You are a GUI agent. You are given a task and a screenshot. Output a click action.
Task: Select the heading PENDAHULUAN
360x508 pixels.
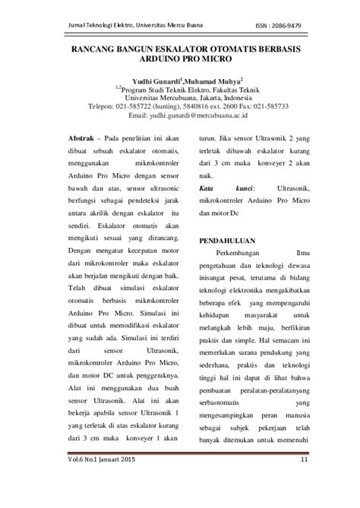pyautogui.click(x=229, y=240)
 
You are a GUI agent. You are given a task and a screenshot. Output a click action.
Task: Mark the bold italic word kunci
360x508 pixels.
pyautogui.click(x=241, y=186)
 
